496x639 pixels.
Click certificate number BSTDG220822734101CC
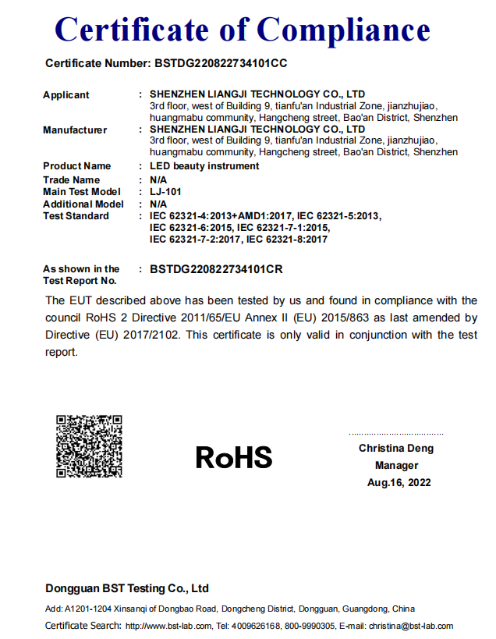click(221, 62)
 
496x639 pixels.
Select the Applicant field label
click(66, 95)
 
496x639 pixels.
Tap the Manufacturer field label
click(75, 130)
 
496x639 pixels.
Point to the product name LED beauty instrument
click(204, 166)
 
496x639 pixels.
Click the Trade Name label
click(72, 180)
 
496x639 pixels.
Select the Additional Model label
click(83, 204)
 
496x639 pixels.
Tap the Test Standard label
click(76, 216)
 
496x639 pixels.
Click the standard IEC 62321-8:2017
click(285, 240)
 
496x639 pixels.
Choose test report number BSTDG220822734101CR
click(216, 269)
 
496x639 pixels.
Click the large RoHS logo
click(234, 456)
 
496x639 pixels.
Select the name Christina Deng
click(396, 449)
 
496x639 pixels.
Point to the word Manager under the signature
click(397, 466)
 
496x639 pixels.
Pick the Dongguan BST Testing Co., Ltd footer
click(127, 588)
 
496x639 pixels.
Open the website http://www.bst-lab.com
click(168, 626)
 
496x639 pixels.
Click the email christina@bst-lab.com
click(411, 626)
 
